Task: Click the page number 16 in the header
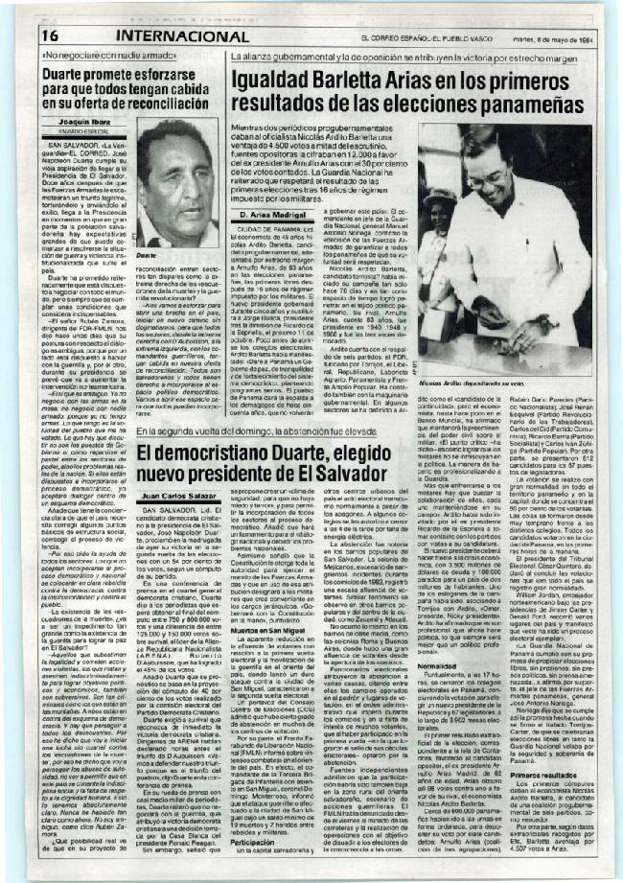[x=50, y=35]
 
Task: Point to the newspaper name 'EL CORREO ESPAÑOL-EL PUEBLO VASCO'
[x=420, y=36]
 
